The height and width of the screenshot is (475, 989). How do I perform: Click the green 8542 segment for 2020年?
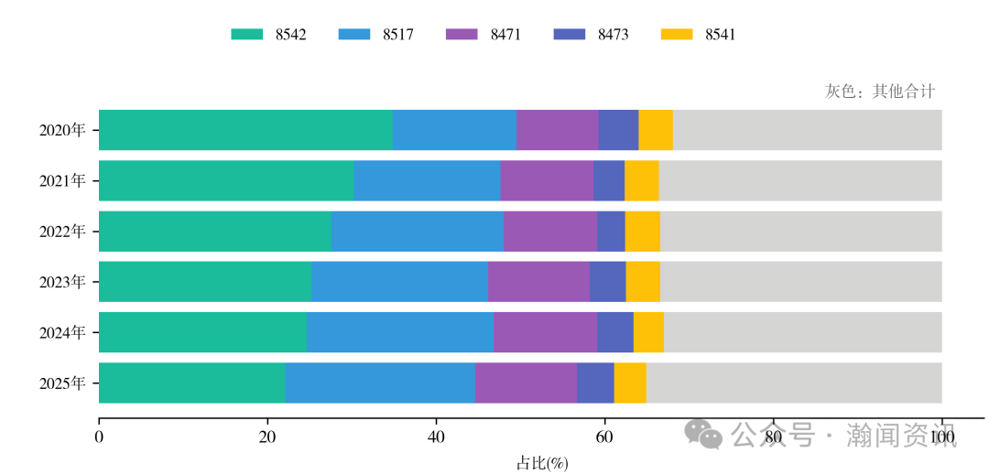245,130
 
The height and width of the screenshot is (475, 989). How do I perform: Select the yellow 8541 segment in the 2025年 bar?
630,383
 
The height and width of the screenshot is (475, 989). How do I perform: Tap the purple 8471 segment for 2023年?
538,281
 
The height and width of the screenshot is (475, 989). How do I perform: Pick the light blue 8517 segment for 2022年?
417,231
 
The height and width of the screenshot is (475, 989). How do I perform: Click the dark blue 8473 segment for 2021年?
609,180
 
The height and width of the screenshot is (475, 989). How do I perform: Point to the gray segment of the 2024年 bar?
802,331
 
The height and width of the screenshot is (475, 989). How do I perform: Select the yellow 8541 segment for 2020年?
656,130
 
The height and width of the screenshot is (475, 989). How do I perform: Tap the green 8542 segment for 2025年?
191,383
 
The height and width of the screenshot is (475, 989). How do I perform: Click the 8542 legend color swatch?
247,35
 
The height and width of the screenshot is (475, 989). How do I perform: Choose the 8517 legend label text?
398,35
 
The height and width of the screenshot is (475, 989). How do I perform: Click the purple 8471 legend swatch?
462,35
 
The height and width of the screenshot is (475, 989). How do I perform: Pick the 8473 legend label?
613,35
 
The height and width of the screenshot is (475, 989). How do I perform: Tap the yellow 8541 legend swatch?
676,35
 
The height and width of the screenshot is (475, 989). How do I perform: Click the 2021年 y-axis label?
62,180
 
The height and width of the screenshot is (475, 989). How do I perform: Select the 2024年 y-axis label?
62,332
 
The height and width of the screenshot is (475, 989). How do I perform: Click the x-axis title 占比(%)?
542,463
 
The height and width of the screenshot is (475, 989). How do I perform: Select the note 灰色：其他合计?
880,92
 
